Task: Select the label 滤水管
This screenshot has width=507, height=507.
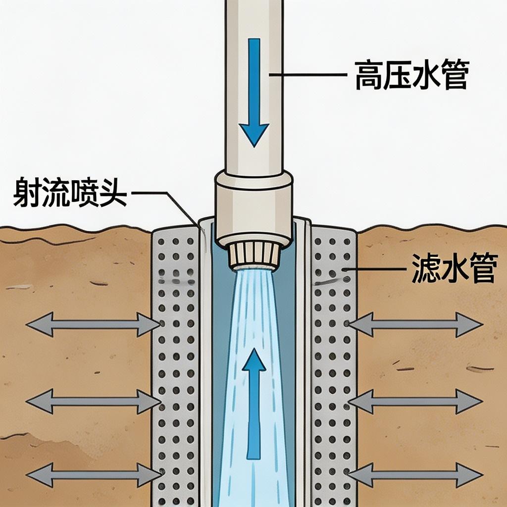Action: point(454,268)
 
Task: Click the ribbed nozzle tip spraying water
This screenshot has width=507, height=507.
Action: point(254,253)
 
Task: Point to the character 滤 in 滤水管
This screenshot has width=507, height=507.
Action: point(426,268)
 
